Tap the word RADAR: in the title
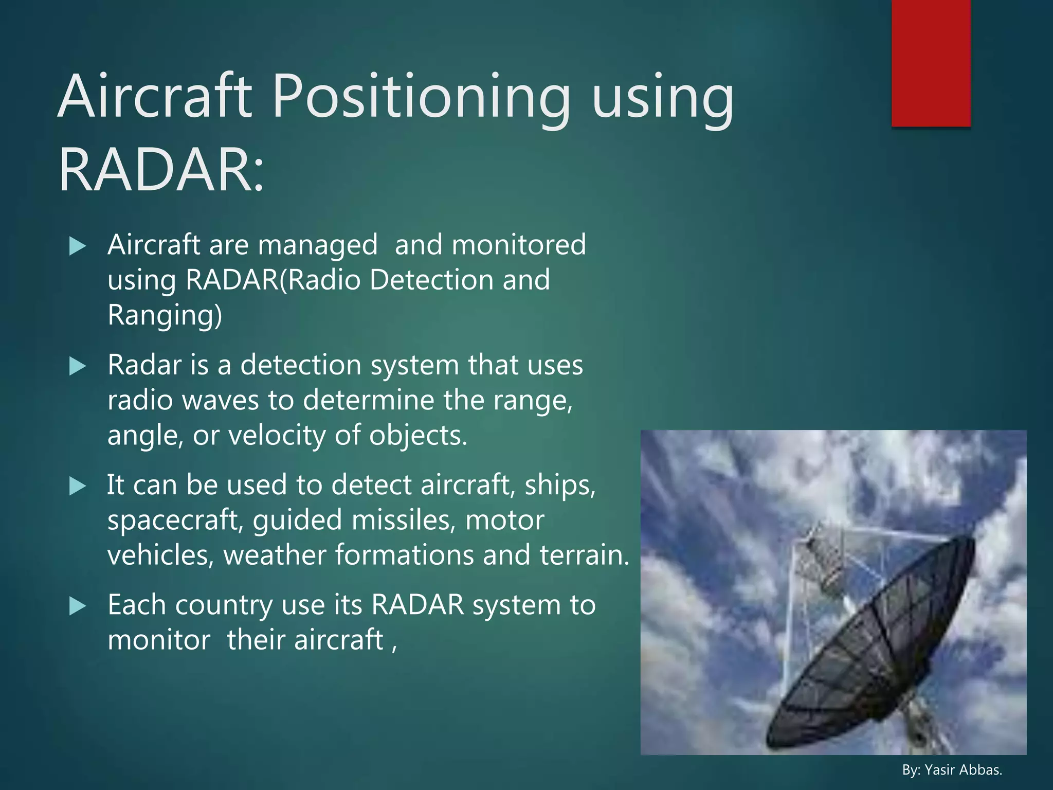pos(161,170)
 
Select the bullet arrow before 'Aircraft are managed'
pos(77,246)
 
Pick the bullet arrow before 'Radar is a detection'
pos(77,367)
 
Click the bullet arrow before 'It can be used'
pos(77,487)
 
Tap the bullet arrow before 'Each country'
pos(77,606)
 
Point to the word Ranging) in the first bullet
pos(165,315)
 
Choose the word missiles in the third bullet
pos(404,520)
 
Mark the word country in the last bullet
pos(224,606)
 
